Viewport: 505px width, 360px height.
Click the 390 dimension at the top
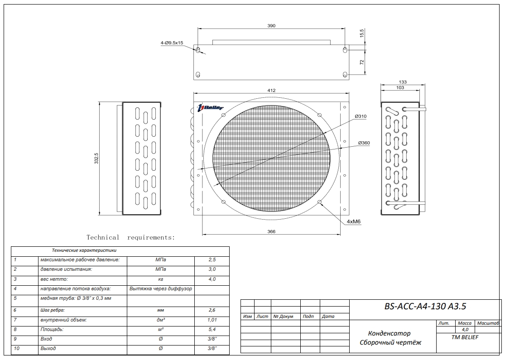pos(271,26)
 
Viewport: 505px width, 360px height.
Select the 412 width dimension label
pos(271,91)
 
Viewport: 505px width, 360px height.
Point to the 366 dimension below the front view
pos(271,231)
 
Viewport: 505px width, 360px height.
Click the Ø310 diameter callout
pos(361,116)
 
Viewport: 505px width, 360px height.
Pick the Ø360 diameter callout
pos(364,143)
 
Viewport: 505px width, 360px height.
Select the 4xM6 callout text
pos(354,222)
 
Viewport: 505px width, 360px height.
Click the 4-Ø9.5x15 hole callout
pos(172,43)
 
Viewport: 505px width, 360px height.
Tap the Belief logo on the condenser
pos(211,107)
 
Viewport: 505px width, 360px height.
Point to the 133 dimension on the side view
pos(403,82)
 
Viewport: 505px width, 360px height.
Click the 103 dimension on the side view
pos(400,87)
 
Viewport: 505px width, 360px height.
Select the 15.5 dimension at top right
pos(362,34)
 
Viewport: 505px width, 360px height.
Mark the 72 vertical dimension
pos(362,62)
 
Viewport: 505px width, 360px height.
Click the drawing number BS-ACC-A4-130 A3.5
pos(425,307)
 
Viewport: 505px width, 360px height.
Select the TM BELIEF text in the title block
pos(465,337)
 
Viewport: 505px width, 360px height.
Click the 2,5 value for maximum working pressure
pos(212,260)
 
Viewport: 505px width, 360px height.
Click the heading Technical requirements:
pos(130,237)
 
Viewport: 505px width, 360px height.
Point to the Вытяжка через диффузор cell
pos(160,288)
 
